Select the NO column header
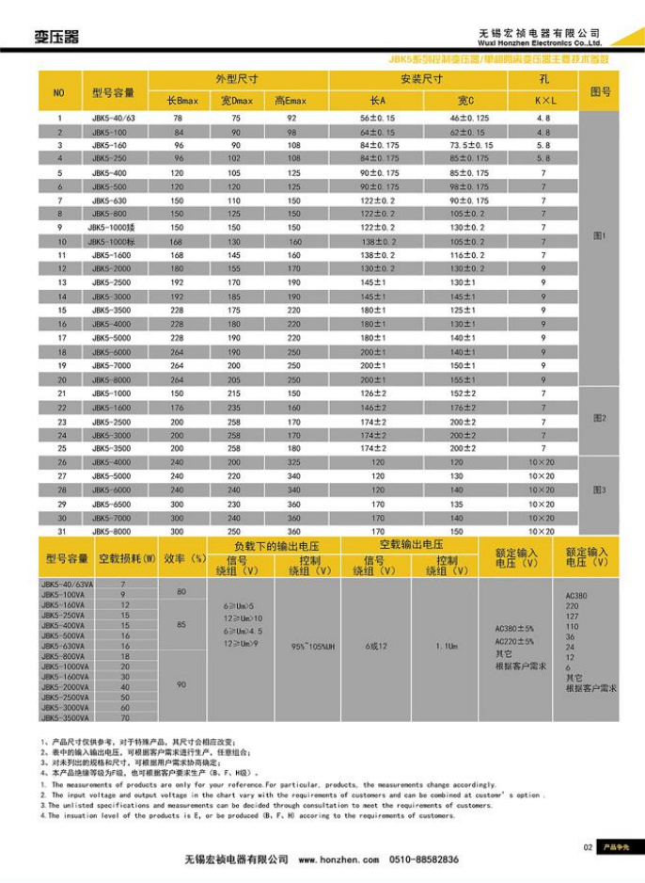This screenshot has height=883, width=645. [59, 92]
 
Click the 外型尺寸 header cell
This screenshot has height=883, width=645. [236, 80]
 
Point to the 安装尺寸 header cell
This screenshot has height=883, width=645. [421, 80]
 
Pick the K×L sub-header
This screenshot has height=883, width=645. [543, 100]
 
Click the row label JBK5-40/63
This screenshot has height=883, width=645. [114, 118]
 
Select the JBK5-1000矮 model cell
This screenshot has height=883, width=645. [114, 227]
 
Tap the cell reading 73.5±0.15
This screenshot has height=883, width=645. [469, 146]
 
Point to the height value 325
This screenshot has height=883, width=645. [293, 463]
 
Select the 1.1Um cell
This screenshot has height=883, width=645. [447, 646]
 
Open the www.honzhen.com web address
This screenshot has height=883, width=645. [338, 859]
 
